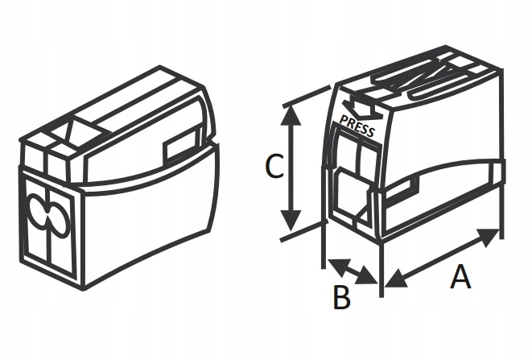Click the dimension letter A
[460, 278]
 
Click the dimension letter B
[342, 297]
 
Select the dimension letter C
[274, 168]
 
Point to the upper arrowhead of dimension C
[292, 114]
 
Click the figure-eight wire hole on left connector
[48, 217]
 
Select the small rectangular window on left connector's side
[178, 148]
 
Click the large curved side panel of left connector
[149, 217]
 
